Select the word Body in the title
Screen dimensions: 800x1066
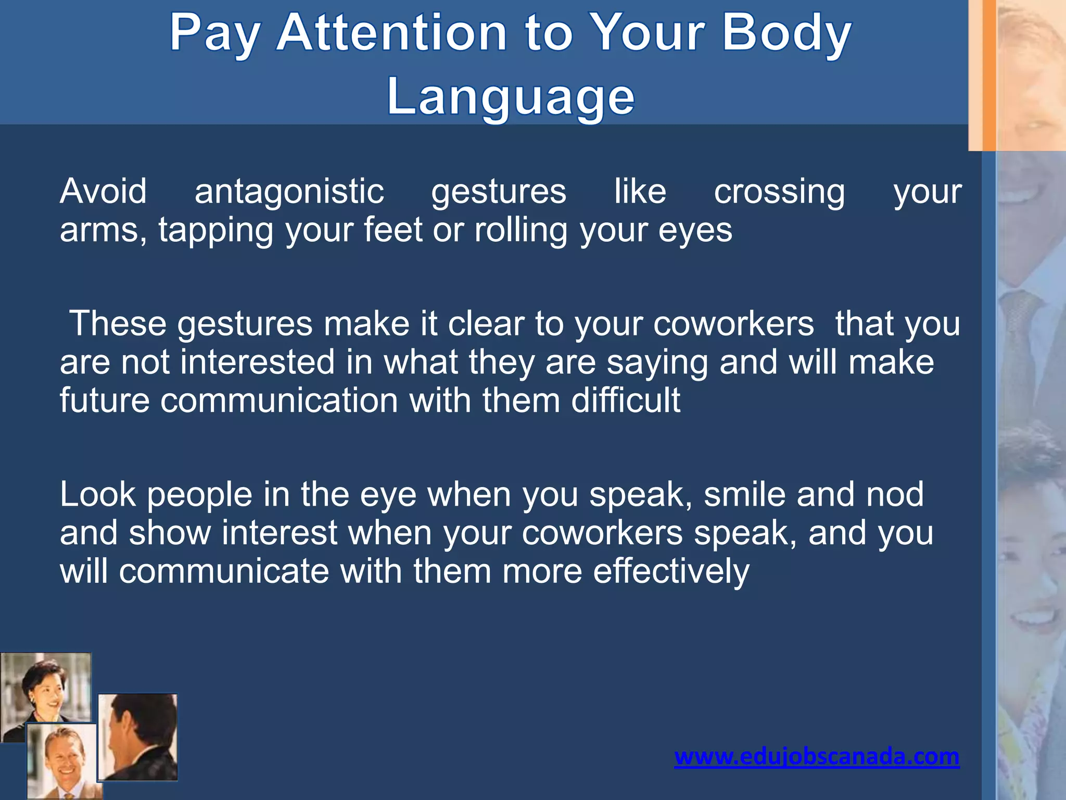(x=786, y=33)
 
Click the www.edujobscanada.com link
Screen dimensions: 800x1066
(x=817, y=756)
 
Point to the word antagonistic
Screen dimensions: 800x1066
(x=289, y=192)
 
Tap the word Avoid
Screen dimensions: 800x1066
(x=103, y=191)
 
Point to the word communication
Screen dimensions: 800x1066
(x=279, y=401)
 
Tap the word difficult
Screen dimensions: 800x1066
(x=626, y=401)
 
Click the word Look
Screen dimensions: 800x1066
(x=98, y=494)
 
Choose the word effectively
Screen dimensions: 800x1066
(x=671, y=571)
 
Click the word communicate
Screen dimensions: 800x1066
(x=224, y=571)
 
